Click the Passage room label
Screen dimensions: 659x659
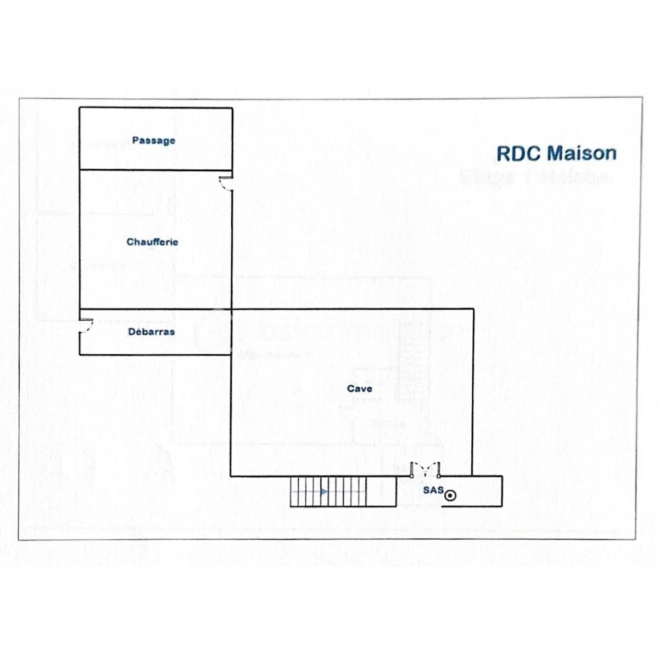pos(154,141)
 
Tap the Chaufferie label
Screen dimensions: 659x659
pos(152,242)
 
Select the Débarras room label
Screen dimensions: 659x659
pos(151,332)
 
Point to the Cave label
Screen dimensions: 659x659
pos(360,389)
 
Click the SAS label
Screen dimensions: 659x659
pos(433,490)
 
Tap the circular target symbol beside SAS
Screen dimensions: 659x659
pos(450,496)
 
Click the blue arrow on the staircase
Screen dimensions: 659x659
pos(324,492)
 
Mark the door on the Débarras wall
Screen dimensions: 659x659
pos(86,326)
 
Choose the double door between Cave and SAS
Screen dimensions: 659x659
pos(425,470)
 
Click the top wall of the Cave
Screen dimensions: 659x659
pos(351,309)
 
